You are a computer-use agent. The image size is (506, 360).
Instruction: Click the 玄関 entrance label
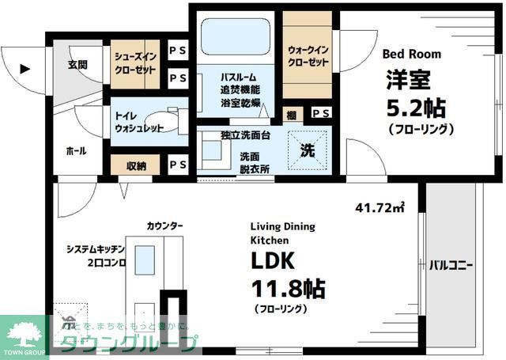77,64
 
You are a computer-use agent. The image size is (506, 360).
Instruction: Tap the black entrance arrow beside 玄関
25,69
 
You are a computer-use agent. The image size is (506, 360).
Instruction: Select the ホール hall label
76,151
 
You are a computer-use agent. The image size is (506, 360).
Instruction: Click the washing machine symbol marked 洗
308,149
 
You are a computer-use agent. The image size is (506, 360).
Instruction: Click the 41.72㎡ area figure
380,208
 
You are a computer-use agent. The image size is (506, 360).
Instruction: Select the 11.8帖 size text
289,286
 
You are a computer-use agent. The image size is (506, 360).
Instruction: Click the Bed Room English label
412,55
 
